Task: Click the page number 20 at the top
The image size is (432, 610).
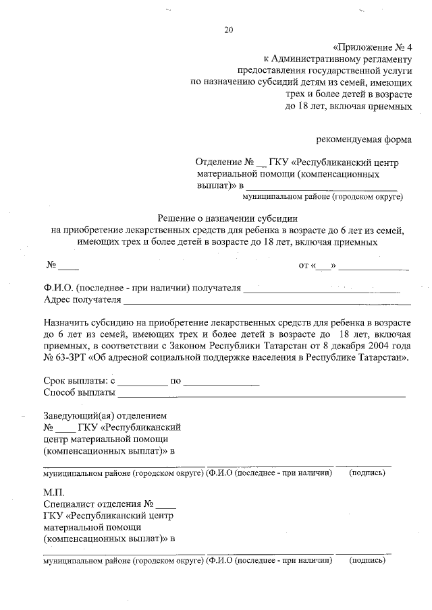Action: (x=227, y=30)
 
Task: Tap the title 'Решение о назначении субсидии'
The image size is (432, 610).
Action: (x=227, y=218)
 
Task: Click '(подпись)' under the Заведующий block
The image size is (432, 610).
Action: (x=367, y=473)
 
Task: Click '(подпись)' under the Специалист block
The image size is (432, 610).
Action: (x=367, y=560)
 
